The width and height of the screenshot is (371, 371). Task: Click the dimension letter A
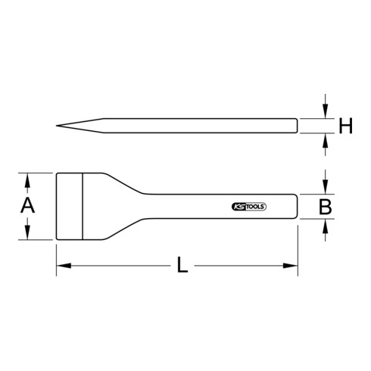coord(28,206)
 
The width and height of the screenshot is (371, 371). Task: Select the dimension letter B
coord(326,207)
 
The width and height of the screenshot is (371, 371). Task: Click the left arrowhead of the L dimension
coord(60,266)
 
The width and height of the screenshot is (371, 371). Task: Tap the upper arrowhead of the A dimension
coord(28,178)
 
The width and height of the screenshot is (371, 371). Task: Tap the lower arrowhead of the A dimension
coord(28,235)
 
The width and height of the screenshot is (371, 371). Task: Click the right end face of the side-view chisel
coord(295,125)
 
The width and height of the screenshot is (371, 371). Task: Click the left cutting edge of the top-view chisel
coord(56,206)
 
